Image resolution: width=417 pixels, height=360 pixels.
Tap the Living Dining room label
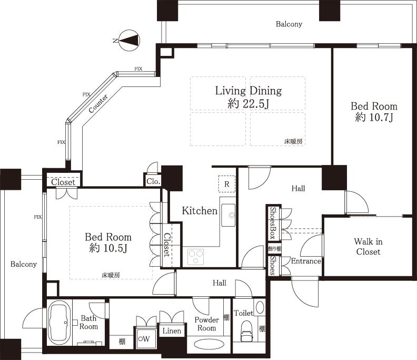tap(248, 91)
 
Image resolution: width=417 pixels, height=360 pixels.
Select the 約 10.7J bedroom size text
tap(374, 118)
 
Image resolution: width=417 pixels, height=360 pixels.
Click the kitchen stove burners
tap(195, 257)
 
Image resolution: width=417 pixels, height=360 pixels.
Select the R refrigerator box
tap(226, 184)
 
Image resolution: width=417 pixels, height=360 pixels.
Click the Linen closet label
tap(172, 331)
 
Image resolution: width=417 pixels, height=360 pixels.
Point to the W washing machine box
tap(143, 338)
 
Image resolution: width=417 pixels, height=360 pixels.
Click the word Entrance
tap(305, 261)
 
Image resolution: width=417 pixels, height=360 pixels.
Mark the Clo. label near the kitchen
tap(153, 181)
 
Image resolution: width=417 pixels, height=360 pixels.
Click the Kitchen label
tap(200, 211)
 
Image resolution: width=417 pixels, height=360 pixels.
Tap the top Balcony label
tap(289, 24)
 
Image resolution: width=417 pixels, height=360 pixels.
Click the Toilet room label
tap(243, 313)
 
